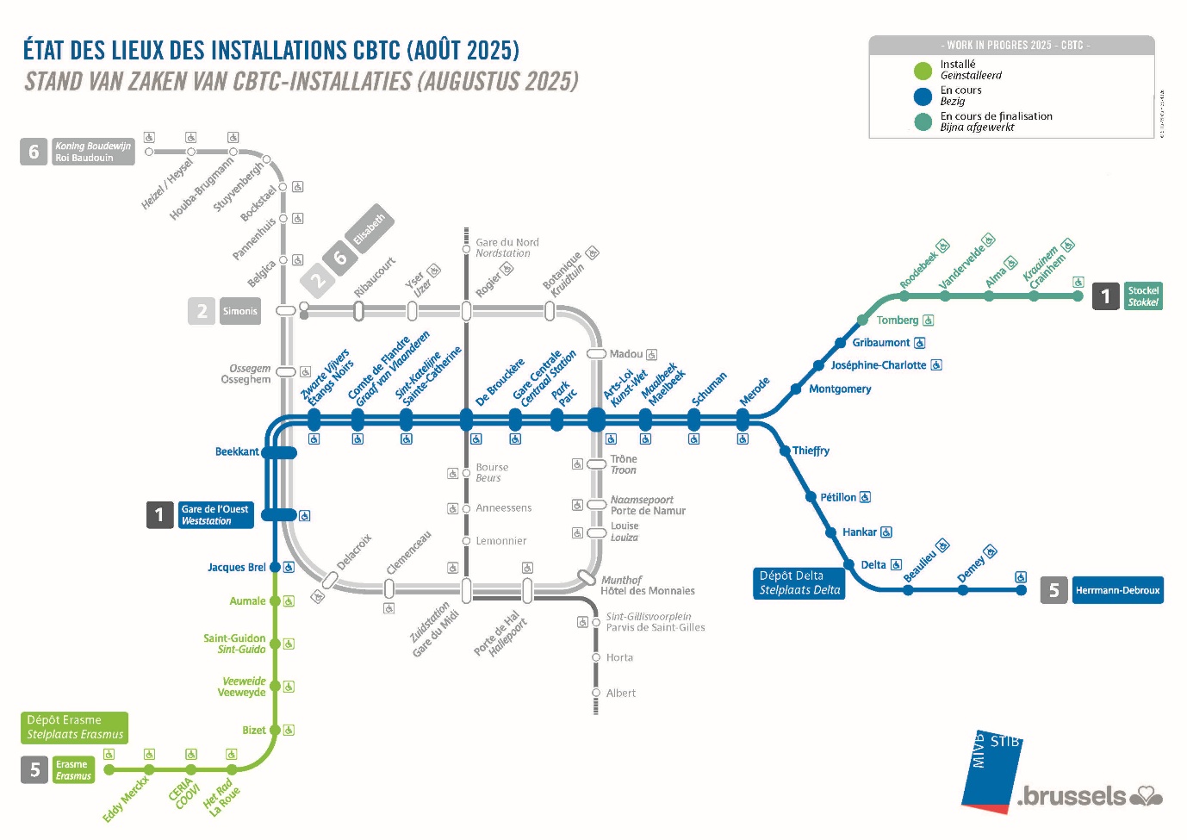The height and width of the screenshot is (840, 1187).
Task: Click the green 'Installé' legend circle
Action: point(923,71)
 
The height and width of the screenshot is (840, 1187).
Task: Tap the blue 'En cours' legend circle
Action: point(923,96)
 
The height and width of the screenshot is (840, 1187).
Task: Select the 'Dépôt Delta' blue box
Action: point(799,583)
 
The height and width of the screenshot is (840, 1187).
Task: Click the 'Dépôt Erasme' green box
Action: point(75,727)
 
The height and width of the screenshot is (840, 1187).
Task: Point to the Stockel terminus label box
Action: point(1143,296)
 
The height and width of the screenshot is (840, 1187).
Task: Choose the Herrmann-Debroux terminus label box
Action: point(1117,590)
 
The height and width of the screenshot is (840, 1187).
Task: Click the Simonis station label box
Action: point(239,311)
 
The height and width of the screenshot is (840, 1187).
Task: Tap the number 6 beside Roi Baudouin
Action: point(34,152)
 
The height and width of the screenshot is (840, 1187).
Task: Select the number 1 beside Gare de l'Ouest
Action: point(159,515)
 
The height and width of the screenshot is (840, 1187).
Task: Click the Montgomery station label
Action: point(840,389)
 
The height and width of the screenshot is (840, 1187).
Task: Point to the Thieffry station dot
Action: point(785,451)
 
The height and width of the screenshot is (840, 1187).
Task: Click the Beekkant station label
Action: point(237,451)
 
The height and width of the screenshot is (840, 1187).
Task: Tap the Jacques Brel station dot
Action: point(275,567)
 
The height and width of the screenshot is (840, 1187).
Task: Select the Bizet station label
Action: point(254,731)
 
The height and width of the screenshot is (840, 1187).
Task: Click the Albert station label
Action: point(620,694)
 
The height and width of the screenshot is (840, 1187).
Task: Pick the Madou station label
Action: point(625,354)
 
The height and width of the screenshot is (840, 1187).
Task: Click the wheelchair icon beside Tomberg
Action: point(928,320)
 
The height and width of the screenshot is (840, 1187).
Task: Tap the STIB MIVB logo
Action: point(993,769)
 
